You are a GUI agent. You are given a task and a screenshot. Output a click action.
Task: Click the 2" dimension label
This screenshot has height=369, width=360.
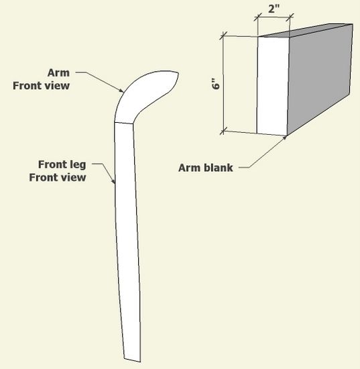274,9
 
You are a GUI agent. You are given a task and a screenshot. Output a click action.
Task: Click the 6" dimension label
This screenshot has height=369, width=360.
216,84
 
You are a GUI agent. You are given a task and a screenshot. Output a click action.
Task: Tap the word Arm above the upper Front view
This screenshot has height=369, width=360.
58,72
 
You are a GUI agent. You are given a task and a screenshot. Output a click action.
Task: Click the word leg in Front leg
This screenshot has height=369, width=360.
79,165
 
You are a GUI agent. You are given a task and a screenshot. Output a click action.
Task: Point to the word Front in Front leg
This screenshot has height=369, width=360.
54,164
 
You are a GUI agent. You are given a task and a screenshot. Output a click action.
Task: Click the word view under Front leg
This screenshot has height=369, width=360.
73,177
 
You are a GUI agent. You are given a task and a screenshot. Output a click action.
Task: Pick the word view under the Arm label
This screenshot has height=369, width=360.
57,86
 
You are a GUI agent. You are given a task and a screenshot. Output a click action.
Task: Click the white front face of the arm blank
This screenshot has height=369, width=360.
273,86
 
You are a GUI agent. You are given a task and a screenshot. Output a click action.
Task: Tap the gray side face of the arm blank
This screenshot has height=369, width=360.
320,78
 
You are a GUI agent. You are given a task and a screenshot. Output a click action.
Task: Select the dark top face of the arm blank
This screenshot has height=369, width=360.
306,30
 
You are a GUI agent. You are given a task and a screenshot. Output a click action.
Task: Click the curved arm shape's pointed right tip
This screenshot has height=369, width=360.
178,73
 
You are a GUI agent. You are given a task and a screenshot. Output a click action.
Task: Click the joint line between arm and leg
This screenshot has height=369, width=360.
123,123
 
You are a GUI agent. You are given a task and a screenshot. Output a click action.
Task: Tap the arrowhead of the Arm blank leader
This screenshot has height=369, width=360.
285,138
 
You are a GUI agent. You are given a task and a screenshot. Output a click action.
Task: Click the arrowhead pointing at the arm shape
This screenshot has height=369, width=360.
121,90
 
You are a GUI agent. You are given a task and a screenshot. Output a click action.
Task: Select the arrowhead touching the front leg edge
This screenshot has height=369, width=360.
113,181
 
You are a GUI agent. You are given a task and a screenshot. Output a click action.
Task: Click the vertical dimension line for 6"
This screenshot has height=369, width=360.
223,84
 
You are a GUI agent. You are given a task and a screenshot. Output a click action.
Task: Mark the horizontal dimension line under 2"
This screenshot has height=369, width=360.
274,17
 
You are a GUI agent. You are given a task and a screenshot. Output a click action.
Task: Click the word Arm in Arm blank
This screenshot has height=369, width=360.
190,168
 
